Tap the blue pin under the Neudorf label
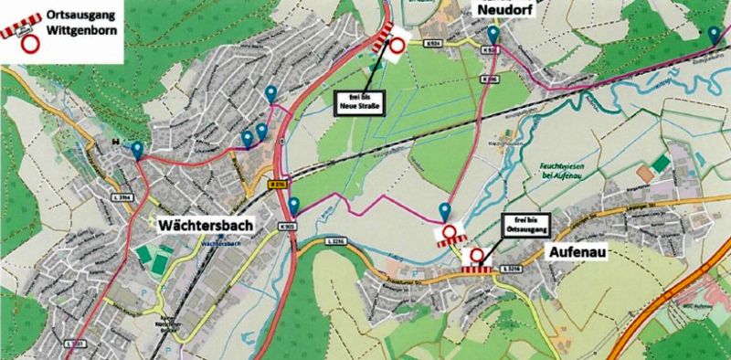click(x=493, y=35)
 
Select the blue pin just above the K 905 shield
click(x=294, y=204)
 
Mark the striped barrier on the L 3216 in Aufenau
click(x=475, y=268)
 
